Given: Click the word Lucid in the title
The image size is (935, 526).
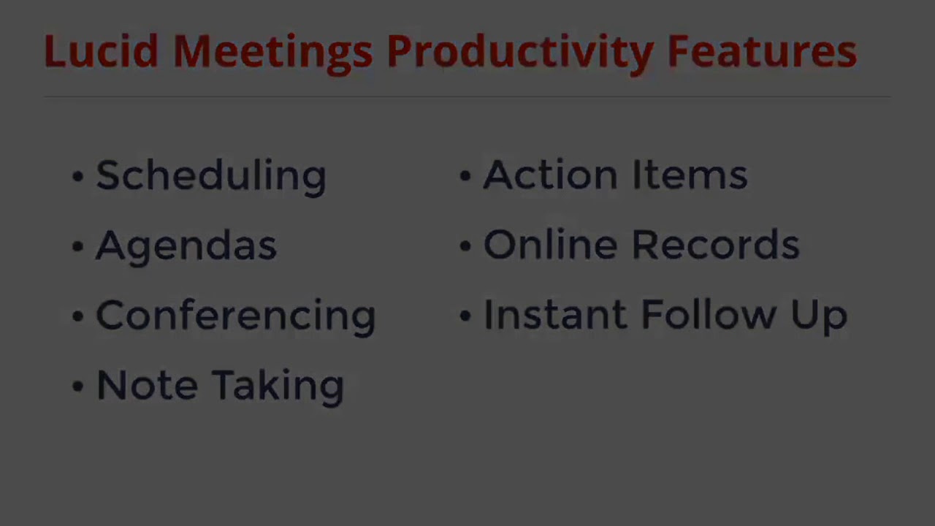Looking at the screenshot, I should point(100,52).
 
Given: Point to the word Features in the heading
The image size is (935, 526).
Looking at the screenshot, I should point(762,52).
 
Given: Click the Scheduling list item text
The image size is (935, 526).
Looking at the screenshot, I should point(210,176).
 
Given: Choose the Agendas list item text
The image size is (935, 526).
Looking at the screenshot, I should point(186,245).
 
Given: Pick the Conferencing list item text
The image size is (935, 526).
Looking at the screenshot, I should point(235,316).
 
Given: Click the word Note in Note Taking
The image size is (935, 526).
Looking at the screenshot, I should point(146,384).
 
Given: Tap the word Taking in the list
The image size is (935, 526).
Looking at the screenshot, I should point(278,386).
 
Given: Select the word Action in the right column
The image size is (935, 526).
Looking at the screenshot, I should point(550,175).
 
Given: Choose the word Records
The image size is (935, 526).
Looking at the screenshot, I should point(715,245).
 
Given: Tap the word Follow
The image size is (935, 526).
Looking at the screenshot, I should point(708,315).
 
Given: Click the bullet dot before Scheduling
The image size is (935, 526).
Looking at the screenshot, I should point(77,176).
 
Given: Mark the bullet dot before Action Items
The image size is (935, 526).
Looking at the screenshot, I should point(465,176).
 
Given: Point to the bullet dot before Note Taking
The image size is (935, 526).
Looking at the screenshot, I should point(77,386).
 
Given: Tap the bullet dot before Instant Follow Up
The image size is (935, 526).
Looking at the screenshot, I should point(465,316).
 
